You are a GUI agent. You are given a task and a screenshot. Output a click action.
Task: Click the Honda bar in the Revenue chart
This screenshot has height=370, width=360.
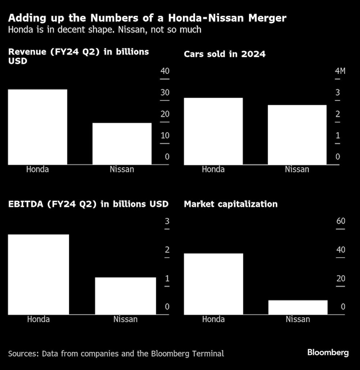(x=37, y=127)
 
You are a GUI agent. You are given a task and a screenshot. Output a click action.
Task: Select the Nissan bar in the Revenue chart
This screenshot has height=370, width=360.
(x=122, y=144)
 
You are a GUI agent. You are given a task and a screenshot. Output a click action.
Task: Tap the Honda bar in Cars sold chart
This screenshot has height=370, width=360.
(x=213, y=131)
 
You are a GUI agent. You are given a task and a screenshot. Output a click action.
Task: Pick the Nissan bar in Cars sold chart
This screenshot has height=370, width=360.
(x=297, y=135)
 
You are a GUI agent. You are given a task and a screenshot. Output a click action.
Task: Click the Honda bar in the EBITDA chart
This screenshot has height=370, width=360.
(x=39, y=274)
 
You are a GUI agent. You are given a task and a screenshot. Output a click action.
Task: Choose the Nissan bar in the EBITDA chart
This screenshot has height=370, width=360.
(x=125, y=295)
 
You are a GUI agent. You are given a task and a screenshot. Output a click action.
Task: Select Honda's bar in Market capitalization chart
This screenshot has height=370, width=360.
(x=213, y=284)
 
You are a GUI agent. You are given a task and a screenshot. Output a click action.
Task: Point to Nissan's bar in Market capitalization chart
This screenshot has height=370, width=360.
(x=298, y=307)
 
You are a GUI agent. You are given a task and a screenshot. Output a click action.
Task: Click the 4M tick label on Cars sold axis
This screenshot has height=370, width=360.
(x=340, y=71)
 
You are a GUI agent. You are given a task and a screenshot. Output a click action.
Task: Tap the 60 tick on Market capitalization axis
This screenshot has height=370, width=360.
(x=341, y=221)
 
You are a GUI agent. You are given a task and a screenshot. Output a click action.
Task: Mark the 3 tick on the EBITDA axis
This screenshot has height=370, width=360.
(x=167, y=221)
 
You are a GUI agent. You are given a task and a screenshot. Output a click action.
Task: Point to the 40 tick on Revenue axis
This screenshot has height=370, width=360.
(x=165, y=71)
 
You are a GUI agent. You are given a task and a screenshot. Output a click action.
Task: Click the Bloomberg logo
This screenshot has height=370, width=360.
(x=328, y=352)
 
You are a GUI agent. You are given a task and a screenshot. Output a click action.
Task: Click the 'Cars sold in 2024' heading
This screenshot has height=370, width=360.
(x=225, y=54)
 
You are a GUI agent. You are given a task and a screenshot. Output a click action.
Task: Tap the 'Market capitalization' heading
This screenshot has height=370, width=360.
(x=231, y=204)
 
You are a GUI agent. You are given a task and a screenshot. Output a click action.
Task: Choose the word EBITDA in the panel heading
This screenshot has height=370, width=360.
(x=24, y=204)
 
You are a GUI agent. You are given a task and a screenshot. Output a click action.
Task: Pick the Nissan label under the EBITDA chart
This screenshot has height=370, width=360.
(x=125, y=319)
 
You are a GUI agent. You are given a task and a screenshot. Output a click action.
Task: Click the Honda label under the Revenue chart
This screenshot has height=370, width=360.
(x=37, y=169)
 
